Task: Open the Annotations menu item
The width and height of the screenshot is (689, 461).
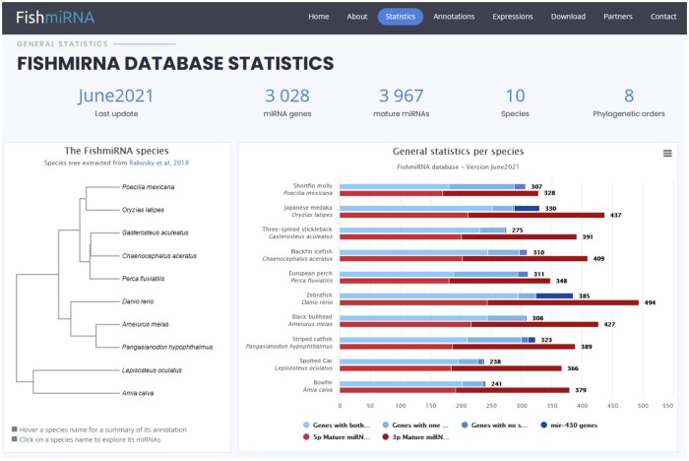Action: point(454,17)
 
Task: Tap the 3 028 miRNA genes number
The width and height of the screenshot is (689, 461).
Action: point(286,96)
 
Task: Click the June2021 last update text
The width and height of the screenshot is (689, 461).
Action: point(115,96)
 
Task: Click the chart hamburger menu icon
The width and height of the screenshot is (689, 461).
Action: point(667,154)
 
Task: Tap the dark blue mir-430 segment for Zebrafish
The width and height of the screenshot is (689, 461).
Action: point(554,295)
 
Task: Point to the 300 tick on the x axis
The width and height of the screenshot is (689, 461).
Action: point(522,405)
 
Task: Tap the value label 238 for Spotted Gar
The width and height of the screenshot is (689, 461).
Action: point(495,361)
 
